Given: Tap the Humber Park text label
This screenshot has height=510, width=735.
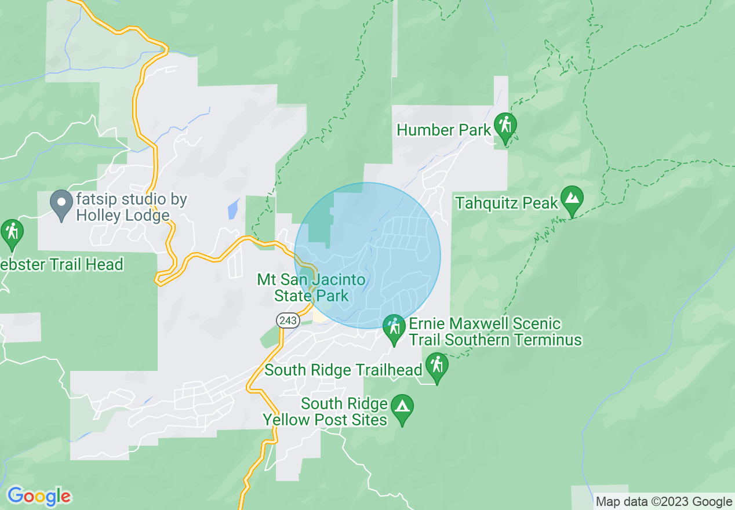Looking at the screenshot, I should [443, 130].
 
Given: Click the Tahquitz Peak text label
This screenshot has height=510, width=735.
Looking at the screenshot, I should [506, 203].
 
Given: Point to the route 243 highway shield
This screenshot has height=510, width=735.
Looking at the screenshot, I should [288, 320].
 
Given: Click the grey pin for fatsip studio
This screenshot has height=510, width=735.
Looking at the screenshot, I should [61, 203].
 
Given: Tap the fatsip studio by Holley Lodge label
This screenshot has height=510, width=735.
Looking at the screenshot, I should [131, 207].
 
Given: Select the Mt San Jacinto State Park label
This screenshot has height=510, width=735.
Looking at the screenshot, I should [311, 288].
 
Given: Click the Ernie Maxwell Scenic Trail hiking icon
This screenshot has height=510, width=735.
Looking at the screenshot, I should [394, 328].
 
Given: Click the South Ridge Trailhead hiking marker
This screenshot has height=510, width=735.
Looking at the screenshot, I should [436, 366].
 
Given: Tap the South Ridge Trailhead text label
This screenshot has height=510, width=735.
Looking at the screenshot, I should [343, 370].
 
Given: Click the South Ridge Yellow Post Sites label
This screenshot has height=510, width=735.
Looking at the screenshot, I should [326, 411].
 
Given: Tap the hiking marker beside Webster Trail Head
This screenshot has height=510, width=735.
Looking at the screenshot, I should [12, 232].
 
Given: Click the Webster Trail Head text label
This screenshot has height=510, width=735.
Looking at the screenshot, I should [61, 265].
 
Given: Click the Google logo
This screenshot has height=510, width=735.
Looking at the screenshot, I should [39, 496].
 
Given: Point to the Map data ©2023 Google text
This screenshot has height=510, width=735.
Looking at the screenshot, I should [664, 501].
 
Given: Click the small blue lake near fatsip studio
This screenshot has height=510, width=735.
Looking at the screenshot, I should [233, 209].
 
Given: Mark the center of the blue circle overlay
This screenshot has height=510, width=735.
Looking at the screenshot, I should [367, 256].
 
